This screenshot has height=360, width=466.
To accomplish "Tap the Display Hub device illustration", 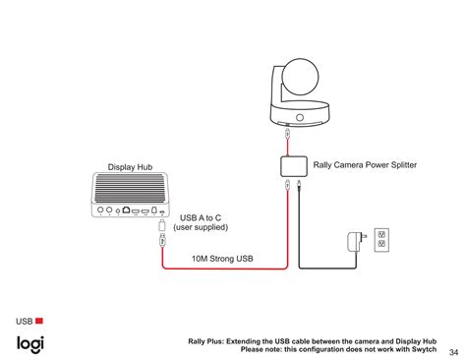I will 132,196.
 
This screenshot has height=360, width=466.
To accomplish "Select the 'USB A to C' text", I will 201,217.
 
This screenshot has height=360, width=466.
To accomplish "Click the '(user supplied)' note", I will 201,227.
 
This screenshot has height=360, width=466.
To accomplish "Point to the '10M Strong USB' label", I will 222,260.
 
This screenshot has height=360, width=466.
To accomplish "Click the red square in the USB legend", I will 40,321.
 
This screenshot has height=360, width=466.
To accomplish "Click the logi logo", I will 29,343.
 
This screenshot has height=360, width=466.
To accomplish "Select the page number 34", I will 453,352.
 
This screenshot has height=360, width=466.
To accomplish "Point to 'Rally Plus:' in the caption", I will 209,340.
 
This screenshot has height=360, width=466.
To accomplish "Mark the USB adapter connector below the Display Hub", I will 162,237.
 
